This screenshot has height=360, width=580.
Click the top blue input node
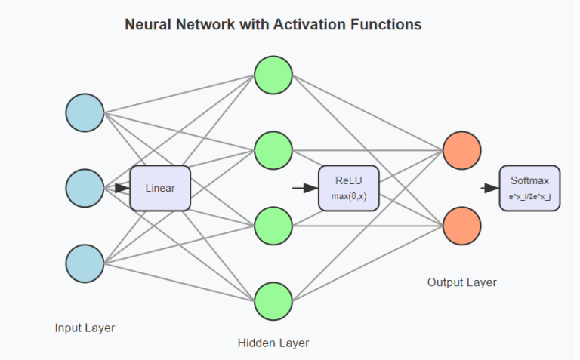pyautogui.click(x=85, y=112)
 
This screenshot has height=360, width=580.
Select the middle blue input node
pyautogui.click(x=85, y=188)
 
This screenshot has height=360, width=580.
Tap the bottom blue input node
pyautogui.click(x=85, y=263)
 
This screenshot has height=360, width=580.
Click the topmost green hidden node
pyautogui.click(x=273, y=75)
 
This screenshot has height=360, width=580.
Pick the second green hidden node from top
pyautogui.click(x=273, y=150)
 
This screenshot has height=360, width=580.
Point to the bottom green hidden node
pyautogui.click(x=273, y=301)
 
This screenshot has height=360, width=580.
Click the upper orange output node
pyautogui.click(x=462, y=150)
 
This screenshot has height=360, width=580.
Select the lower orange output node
pyautogui.click(x=462, y=226)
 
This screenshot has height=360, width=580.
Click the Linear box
pyautogui.click(x=160, y=188)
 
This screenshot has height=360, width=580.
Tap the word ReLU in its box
pyautogui.click(x=348, y=180)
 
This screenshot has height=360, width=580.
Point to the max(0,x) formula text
pyautogui.click(x=348, y=196)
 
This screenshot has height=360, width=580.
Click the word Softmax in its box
pyautogui.click(x=529, y=180)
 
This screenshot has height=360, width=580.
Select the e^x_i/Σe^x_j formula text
pyautogui.click(x=529, y=196)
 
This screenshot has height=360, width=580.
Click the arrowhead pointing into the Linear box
pyautogui.click(x=122, y=188)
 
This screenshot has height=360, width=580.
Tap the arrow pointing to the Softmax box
pyautogui.click(x=491, y=188)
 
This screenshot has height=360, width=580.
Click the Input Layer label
pyautogui.click(x=85, y=328)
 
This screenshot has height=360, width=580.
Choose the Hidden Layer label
pyautogui.click(x=273, y=343)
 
